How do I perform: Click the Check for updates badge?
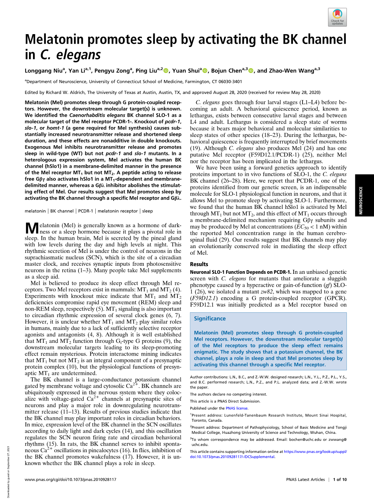(337, 17)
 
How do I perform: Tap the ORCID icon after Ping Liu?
(166, 70)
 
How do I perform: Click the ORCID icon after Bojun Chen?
(251, 70)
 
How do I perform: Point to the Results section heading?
(199, 264)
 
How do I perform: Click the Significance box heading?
(210, 319)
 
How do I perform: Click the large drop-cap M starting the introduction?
(32, 229)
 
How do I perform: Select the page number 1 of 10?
(339, 479)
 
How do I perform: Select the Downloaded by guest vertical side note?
(8, 472)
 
